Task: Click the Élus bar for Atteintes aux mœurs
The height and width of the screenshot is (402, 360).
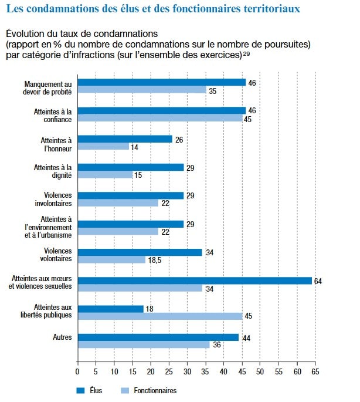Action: tap(195, 281)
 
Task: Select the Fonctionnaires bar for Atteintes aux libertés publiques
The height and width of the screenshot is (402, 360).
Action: tap(160, 316)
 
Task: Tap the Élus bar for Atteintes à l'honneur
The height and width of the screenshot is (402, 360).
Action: tap(125, 139)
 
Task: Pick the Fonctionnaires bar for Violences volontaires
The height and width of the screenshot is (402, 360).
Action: tap(111, 259)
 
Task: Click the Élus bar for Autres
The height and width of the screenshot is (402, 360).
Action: tap(158, 337)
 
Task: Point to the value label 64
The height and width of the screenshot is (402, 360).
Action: tap(318, 281)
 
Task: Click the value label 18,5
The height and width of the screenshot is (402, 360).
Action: tap(155, 259)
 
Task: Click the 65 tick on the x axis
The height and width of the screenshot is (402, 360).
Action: tap(315, 372)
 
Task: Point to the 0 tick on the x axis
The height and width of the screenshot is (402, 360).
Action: tap(78, 372)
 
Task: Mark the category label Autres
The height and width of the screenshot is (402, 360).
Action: tap(62, 337)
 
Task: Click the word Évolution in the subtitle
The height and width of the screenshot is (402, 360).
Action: tap(25, 33)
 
